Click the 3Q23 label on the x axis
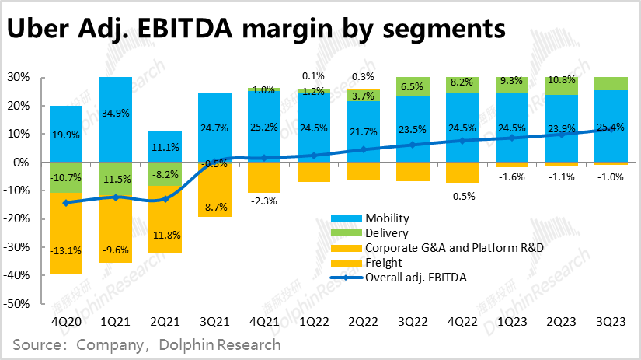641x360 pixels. (x=611, y=320)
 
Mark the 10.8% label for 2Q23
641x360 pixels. (x=562, y=80)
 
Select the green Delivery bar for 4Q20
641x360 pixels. (x=66, y=177)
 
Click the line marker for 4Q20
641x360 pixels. (x=66, y=203)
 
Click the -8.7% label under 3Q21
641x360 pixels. (x=214, y=208)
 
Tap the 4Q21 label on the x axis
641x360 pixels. (x=264, y=320)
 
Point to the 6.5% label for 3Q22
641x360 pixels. (x=413, y=88)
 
